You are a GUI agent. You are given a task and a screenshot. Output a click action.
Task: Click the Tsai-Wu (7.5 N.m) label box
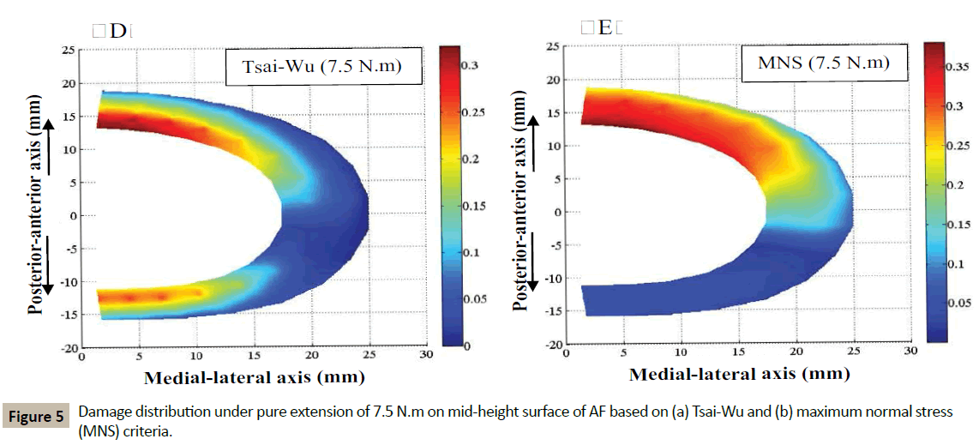pyautogui.click(x=325, y=68)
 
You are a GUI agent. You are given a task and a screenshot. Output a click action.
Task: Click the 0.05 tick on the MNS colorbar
pyautogui.click(x=958, y=303)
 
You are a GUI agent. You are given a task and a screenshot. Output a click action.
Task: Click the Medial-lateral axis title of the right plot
pyautogui.click(x=739, y=374)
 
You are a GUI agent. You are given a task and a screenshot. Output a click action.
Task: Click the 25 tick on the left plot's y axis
pyautogui.click(x=66, y=49)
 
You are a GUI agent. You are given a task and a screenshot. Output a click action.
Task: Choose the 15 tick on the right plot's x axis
pyautogui.click(x=738, y=352)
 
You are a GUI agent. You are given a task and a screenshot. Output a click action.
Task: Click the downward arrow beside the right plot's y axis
pyautogui.click(x=535, y=265)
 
